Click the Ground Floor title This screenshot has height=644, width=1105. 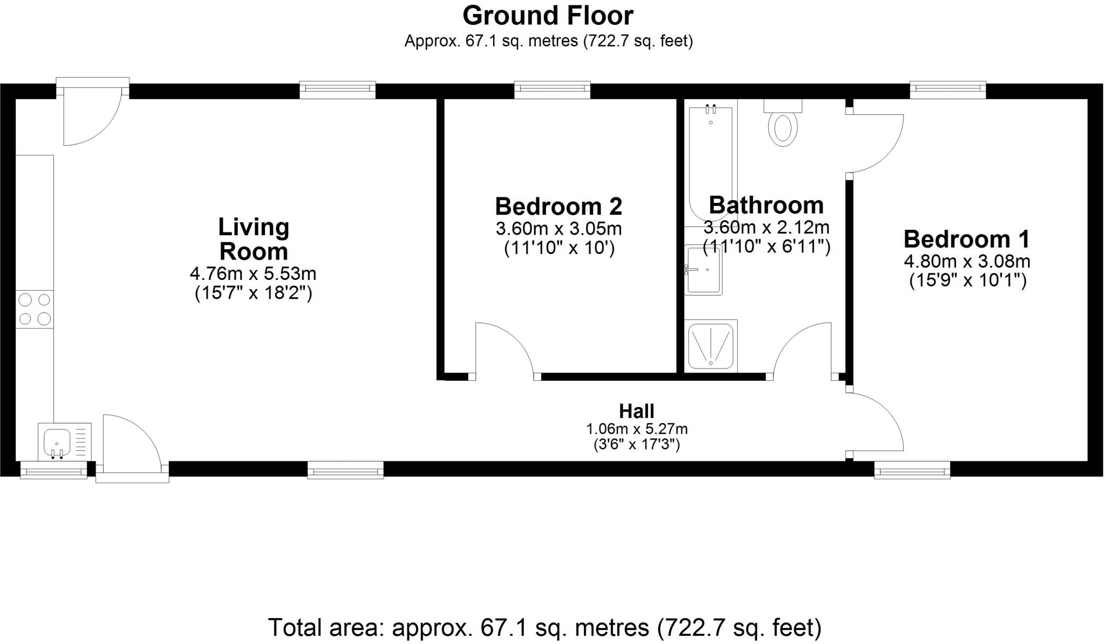(x=548, y=16)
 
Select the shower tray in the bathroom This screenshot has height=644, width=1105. (x=711, y=346)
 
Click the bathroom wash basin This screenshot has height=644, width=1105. (x=704, y=270)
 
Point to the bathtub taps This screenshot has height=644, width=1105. (x=711, y=109)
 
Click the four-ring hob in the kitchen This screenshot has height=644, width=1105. (x=35, y=309)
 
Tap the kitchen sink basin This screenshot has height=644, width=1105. (x=57, y=442)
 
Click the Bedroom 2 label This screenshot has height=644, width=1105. (x=558, y=207)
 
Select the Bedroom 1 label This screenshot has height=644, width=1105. (x=966, y=239)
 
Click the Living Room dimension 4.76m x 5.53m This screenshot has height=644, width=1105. (x=253, y=274)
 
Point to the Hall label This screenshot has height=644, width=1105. (x=637, y=411)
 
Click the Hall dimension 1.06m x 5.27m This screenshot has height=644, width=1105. (x=637, y=429)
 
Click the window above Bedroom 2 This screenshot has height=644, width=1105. (x=552, y=90)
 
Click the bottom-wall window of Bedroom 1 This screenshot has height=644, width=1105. (x=912, y=470)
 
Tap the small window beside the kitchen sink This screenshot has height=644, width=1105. (x=53, y=470)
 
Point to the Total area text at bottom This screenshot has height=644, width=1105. (x=544, y=627)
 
